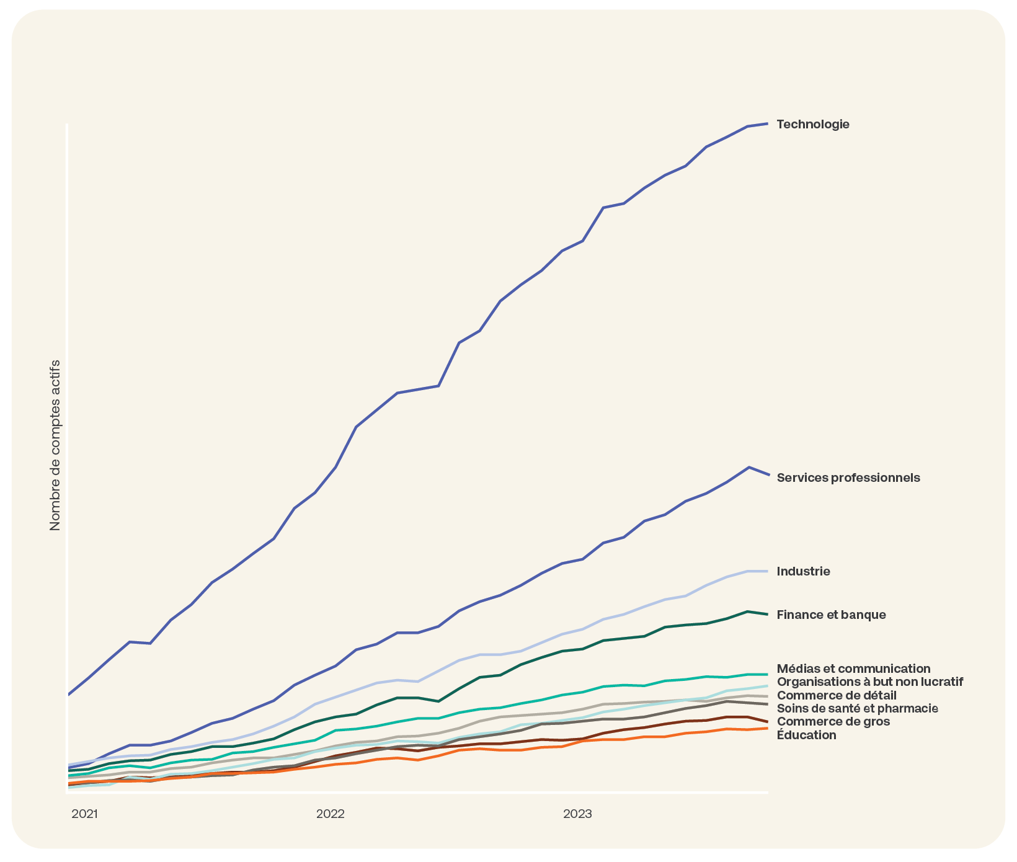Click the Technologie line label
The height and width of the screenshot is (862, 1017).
click(x=812, y=124)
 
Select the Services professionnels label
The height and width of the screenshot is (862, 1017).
click(x=848, y=478)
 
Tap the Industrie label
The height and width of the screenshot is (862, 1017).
click(x=803, y=571)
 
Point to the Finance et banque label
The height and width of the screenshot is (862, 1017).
click(x=831, y=615)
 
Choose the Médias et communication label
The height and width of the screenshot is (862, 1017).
click(x=853, y=669)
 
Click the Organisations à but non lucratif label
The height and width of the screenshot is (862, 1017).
click(x=869, y=682)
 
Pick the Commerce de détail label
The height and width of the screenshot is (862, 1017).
click(x=836, y=695)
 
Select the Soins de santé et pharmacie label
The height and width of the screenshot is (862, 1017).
click(x=857, y=708)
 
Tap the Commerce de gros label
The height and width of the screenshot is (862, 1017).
click(x=833, y=721)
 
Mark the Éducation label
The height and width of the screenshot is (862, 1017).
click(x=806, y=735)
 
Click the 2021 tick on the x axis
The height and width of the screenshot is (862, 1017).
click(x=84, y=814)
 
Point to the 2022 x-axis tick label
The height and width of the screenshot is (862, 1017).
click(x=330, y=814)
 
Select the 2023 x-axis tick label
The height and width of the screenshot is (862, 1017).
click(x=577, y=814)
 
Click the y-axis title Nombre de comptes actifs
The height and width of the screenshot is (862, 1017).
click(x=55, y=445)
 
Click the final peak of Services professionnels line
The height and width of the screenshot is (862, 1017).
click(x=749, y=467)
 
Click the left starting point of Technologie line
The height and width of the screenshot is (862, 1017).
click(x=68, y=694)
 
